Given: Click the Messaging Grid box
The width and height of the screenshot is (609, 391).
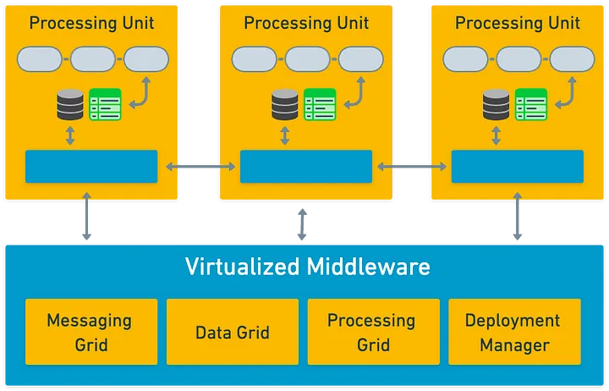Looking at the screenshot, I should pyautogui.click(x=89, y=333).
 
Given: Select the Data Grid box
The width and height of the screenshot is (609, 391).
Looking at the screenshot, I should pyautogui.click(x=233, y=333).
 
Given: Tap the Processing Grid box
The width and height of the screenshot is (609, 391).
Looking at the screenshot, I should pyautogui.click(x=370, y=333).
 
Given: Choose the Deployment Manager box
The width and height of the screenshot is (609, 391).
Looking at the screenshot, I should pyautogui.click(x=513, y=333).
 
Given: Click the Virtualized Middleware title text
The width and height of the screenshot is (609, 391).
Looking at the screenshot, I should pyautogui.click(x=307, y=267).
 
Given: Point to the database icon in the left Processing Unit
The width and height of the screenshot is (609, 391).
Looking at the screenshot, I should pyautogui.click(x=70, y=105).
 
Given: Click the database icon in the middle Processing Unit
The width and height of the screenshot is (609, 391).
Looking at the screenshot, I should pyautogui.click(x=285, y=105).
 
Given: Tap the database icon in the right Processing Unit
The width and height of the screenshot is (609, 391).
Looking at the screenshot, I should pyautogui.click(x=497, y=105).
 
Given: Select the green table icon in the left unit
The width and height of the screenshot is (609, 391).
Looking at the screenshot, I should pyautogui.click(x=105, y=105).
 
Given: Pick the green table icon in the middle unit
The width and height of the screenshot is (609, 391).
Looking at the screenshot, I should pyautogui.click(x=320, y=105).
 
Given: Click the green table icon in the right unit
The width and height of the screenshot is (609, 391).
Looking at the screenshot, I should pyautogui.click(x=531, y=105).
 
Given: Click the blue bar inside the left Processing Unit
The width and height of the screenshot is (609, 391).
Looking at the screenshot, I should pyautogui.click(x=91, y=166).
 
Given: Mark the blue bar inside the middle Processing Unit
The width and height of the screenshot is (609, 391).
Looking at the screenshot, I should pyautogui.click(x=306, y=166).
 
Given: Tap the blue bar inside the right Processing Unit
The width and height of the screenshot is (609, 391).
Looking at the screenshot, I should pyautogui.click(x=517, y=166).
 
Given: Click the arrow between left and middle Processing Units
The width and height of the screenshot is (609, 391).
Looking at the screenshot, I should pyautogui.click(x=199, y=167).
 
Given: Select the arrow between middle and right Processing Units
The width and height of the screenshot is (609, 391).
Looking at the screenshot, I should pyautogui.click(x=412, y=167).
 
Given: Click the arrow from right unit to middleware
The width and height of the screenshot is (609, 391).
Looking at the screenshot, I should pyautogui.click(x=518, y=221).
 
